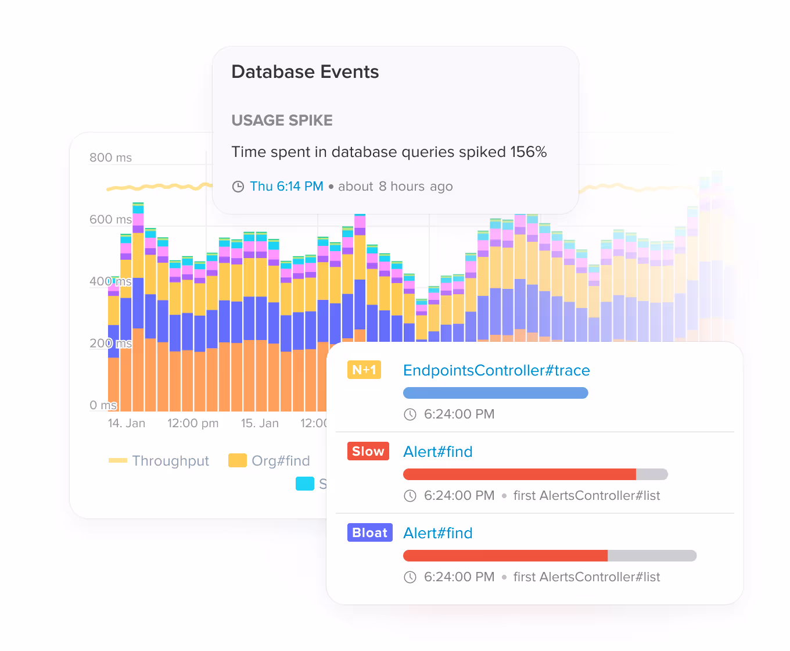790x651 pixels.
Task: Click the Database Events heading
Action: point(305,72)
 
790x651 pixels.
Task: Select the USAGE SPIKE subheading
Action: point(282,120)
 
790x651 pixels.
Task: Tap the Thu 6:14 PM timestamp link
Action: point(286,187)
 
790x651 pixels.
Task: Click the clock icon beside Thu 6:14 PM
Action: point(238,187)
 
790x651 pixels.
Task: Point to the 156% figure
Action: point(528,152)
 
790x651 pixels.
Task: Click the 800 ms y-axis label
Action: point(110,158)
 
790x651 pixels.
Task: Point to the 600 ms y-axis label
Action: point(110,220)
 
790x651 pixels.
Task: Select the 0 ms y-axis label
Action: point(103,405)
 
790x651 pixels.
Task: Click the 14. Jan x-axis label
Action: point(127,423)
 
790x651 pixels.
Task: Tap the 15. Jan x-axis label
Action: point(260,423)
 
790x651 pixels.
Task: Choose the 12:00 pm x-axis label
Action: point(193,423)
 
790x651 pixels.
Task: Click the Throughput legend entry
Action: point(159,461)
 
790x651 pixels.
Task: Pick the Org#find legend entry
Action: point(270,461)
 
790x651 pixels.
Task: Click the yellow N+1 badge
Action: point(364,370)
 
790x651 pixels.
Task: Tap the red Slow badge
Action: point(368,451)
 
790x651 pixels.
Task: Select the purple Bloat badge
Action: point(370,532)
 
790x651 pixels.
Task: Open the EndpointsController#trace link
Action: point(496,370)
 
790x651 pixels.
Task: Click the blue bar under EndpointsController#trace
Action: point(495,393)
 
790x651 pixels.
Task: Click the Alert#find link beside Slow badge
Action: point(437,452)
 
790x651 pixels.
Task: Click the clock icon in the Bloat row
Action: point(410,577)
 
